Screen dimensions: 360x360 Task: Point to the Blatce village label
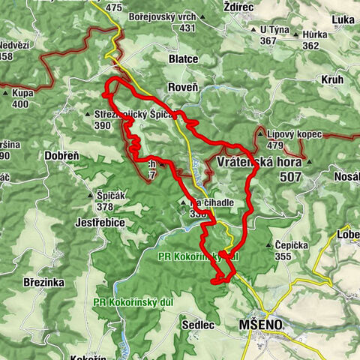pos(184,58)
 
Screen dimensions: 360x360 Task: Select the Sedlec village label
pos(198,325)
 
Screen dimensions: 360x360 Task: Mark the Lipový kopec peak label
pos(294,134)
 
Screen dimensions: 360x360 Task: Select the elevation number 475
pos(113,7)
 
